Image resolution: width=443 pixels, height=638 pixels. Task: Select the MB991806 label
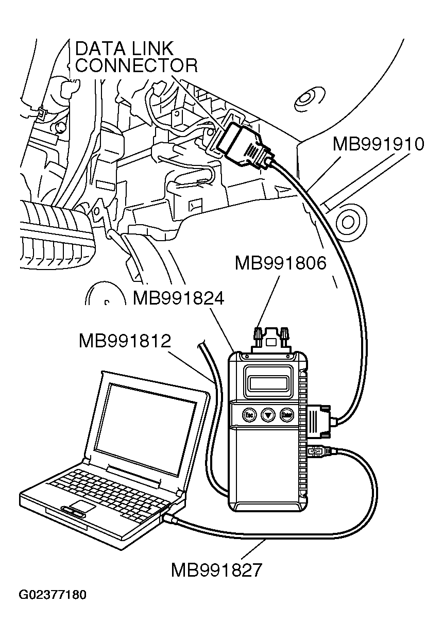(280, 263)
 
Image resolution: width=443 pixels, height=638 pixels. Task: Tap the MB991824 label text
(178, 298)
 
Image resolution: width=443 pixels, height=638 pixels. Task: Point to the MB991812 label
(124, 341)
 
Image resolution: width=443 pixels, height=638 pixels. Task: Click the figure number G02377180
(53, 596)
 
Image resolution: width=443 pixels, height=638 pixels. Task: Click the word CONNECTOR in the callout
(136, 65)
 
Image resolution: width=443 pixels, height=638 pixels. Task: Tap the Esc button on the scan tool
(249, 414)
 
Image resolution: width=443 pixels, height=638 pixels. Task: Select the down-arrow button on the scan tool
(268, 414)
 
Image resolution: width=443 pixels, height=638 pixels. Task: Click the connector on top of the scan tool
(271, 339)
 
